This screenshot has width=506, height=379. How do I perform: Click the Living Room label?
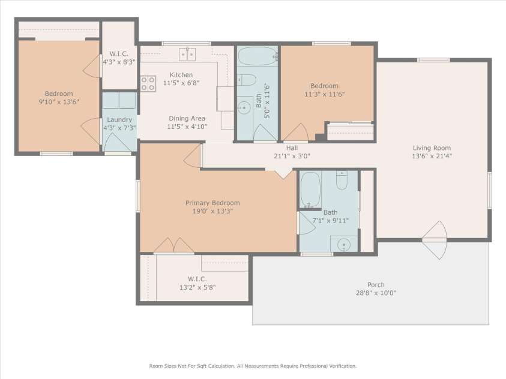(x=432, y=148)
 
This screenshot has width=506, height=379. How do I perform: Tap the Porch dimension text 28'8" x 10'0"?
(x=376, y=293)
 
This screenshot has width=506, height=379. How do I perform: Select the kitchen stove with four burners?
(x=148, y=83)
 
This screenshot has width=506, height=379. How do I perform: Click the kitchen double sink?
(x=187, y=54)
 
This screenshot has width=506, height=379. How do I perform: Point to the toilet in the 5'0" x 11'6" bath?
(x=247, y=80)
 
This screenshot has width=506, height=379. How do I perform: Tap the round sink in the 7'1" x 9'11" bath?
(x=344, y=245)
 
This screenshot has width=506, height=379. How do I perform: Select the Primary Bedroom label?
(x=212, y=203)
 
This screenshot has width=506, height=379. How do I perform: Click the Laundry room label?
(x=119, y=120)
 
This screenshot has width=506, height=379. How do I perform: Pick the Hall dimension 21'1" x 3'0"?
(x=292, y=157)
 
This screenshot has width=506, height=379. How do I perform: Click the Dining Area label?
(x=187, y=118)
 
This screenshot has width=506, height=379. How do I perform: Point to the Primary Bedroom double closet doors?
(x=173, y=245)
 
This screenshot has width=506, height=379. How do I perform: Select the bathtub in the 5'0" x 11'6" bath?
(x=258, y=56)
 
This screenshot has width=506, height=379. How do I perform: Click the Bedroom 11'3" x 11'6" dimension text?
(x=325, y=94)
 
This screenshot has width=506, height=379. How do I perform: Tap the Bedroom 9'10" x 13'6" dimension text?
(x=59, y=102)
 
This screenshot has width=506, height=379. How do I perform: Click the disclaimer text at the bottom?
(x=253, y=366)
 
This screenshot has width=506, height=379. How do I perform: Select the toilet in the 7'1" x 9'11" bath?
(x=342, y=180)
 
